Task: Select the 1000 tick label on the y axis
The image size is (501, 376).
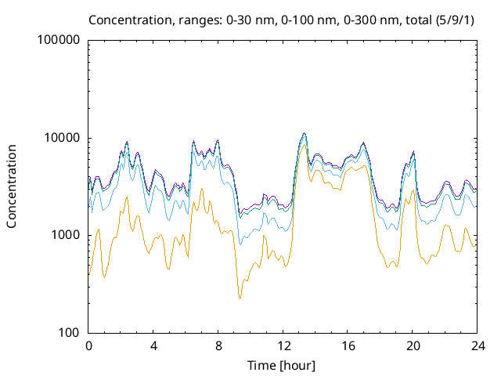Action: [x=65, y=236]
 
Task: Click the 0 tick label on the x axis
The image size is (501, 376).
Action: [x=88, y=345]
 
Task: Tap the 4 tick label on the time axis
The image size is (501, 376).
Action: [x=153, y=345]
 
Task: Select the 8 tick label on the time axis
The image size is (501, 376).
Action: [x=218, y=345]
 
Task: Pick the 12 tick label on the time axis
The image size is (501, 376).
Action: [x=283, y=345]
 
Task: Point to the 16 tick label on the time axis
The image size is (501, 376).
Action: [x=348, y=345]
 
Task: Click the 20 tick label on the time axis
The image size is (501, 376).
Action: [x=413, y=345]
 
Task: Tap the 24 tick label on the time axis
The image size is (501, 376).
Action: [x=478, y=345]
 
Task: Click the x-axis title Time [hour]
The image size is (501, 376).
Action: [x=283, y=365]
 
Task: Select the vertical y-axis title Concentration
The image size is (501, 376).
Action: [x=13, y=186]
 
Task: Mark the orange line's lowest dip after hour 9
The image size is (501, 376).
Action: [x=240, y=298]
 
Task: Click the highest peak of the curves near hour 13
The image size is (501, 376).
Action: [x=304, y=133]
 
